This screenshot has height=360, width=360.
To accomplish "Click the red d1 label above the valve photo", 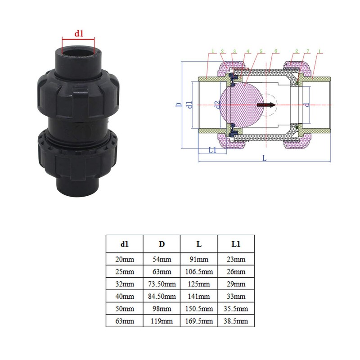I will point(79,33).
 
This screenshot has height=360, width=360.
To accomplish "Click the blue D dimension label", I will point(178,105).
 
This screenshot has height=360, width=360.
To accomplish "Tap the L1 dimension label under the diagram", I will point(213,150).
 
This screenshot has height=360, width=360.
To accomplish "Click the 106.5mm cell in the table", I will point(198,271).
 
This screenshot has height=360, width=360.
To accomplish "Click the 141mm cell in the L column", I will point(198,297).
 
